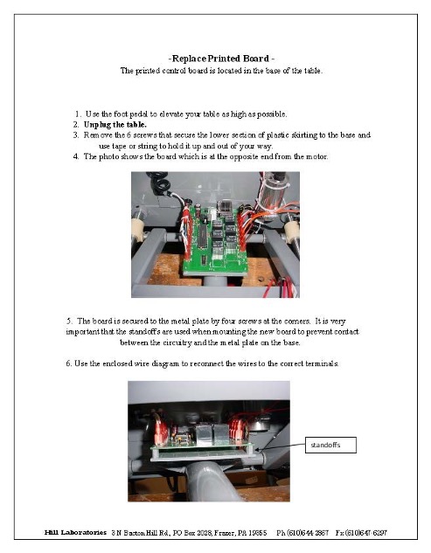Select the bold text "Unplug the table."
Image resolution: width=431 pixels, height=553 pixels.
[x=115, y=125]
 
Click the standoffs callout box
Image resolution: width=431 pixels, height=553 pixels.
[x=330, y=445]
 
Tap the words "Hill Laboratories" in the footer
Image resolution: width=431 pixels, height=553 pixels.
[x=75, y=532]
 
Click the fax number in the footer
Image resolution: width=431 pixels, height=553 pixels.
[x=361, y=533]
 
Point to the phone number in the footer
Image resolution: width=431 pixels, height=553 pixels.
[x=302, y=533]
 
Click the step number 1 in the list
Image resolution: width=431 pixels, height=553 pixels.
[x=78, y=114]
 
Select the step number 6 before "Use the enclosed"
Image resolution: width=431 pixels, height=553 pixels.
[x=68, y=363]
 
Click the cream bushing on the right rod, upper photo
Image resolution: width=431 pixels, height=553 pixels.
[x=292, y=230]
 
